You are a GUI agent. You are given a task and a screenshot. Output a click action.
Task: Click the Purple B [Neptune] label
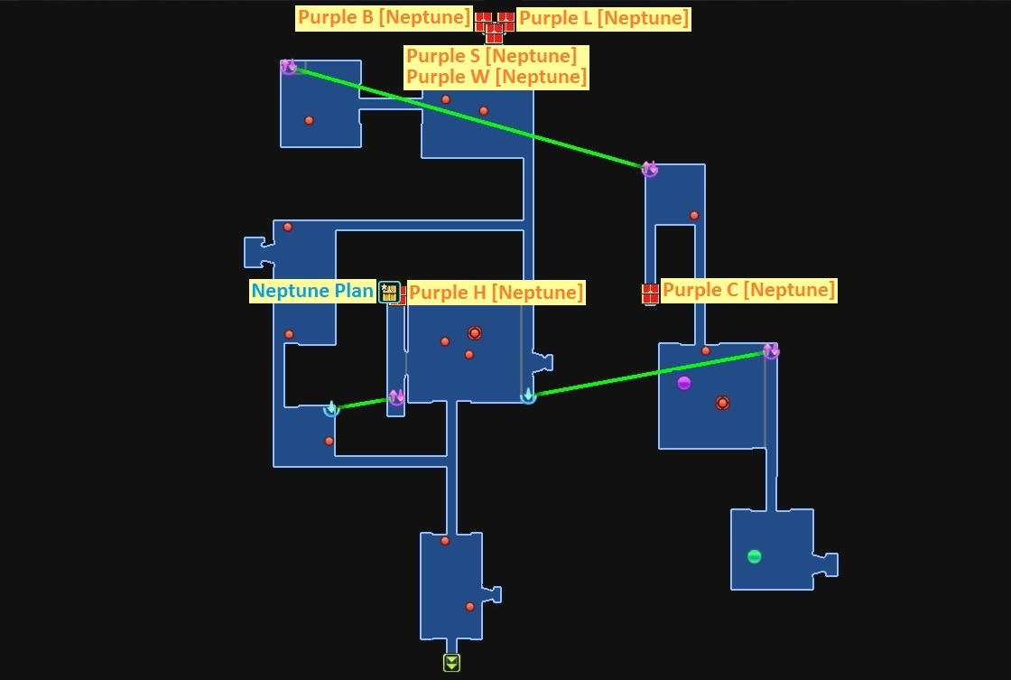[x=384, y=17]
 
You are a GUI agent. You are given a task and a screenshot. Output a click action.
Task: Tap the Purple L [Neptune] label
[x=604, y=18]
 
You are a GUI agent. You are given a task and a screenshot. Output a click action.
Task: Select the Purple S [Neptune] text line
[x=491, y=56]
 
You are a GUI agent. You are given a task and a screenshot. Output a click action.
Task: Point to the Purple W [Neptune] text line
[x=496, y=77]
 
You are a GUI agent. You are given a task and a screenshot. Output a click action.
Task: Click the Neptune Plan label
[x=312, y=291]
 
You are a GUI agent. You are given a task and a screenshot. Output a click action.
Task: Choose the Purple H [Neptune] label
[x=496, y=293]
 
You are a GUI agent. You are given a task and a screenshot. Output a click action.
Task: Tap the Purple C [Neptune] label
[x=748, y=290]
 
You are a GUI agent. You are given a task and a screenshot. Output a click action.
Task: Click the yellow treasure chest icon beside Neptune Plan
[x=389, y=293]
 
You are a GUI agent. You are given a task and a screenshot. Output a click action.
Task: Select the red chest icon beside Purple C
[x=651, y=293]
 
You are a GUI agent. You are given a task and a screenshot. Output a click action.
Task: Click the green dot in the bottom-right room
[x=754, y=556]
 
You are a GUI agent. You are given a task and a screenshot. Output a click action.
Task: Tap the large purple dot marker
[x=684, y=383]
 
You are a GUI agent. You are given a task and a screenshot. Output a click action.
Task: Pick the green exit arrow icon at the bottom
[x=451, y=663]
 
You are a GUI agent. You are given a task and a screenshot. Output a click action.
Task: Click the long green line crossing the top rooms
[x=468, y=117]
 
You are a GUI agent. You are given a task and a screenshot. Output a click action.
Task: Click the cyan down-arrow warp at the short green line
[x=331, y=409]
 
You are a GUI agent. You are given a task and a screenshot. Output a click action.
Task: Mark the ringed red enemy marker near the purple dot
[x=722, y=404]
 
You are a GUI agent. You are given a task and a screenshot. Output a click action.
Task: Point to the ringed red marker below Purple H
[x=475, y=333]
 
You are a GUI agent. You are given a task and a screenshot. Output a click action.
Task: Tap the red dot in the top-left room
[x=309, y=121]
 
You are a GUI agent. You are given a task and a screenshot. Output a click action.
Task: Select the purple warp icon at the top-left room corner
[x=288, y=67]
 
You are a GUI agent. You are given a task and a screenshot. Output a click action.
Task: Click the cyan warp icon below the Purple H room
[x=528, y=396]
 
